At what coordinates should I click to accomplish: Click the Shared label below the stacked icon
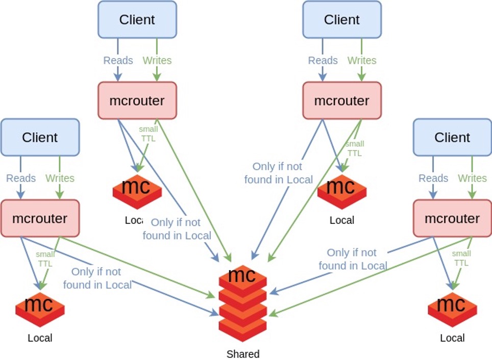[243, 354]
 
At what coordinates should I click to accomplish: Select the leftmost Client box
[40, 137]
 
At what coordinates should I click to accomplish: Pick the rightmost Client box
[452, 137]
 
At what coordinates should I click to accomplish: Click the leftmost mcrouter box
[40, 218]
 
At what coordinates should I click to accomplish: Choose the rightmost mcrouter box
[452, 218]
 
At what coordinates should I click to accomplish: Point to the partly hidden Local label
[134, 220]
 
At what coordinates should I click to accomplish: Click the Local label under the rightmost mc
[452, 338]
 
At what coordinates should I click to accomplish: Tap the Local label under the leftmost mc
[40, 338]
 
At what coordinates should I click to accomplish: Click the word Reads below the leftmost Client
[21, 178]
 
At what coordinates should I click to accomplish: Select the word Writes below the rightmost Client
[472, 178]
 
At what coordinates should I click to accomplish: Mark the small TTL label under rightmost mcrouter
[461, 258]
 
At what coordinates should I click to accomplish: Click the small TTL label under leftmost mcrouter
[45, 258]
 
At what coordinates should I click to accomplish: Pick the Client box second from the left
[137, 19]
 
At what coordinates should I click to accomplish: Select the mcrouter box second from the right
[341, 100]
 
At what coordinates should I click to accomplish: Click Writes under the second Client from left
[157, 60]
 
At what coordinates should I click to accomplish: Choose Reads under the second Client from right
[323, 60]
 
